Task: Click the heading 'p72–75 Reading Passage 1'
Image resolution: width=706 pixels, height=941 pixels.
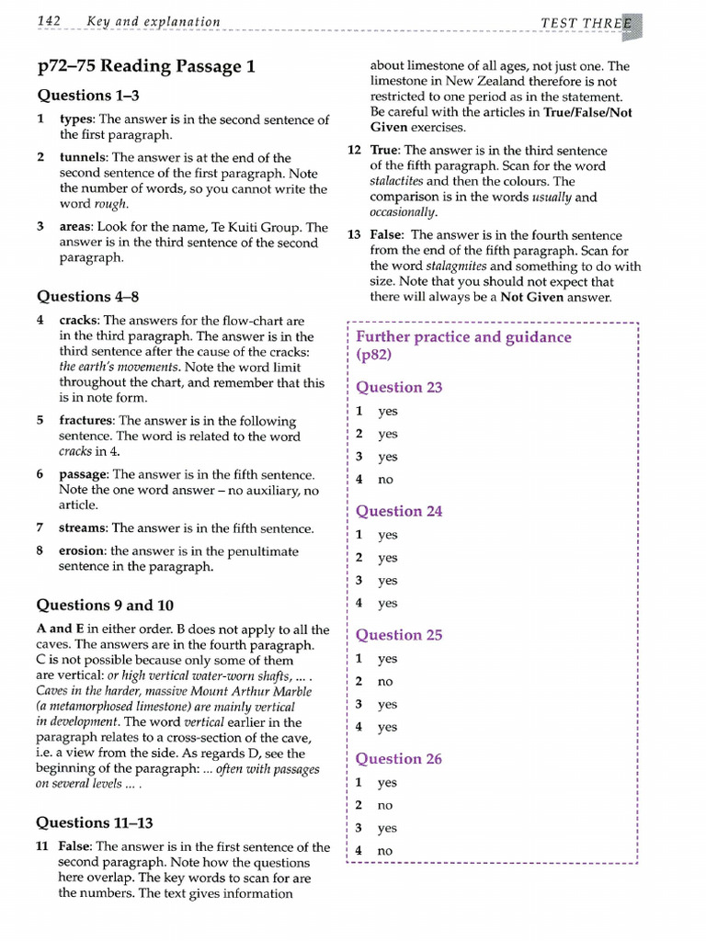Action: click(x=146, y=66)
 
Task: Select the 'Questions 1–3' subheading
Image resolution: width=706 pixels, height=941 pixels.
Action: click(x=87, y=96)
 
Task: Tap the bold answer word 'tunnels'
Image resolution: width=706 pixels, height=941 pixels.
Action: click(x=84, y=158)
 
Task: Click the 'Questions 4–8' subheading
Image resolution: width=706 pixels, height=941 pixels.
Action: click(x=87, y=297)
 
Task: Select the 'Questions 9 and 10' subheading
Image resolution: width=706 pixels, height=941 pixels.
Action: click(x=104, y=606)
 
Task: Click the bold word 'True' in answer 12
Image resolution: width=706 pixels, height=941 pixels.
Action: click(x=383, y=151)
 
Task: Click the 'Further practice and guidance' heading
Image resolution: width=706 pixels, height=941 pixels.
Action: click(x=463, y=337)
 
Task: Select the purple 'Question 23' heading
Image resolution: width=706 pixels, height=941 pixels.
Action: click(x=399, y=388)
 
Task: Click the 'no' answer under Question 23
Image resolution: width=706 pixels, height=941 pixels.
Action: click(x=385, y=480)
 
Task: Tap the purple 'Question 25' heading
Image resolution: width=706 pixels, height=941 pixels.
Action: click(x=399, y=635)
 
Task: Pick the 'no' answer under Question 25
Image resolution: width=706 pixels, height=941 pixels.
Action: click(x=385, y=682)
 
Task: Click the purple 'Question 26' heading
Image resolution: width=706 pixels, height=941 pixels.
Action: click(x=399, y=759)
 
